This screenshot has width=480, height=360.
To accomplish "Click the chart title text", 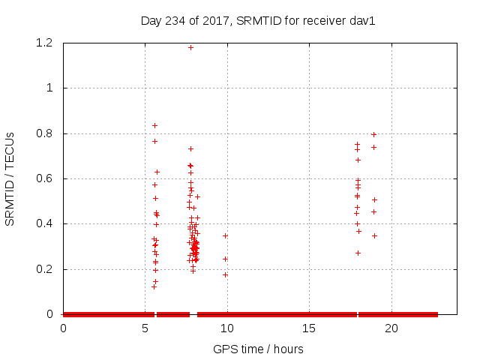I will [x=258, y=20].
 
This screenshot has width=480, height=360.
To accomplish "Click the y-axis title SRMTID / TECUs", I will [x=10, y=178].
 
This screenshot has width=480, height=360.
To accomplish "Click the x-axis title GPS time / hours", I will [x=258, y=349].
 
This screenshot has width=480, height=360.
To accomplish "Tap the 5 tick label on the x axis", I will [x=145, y=328].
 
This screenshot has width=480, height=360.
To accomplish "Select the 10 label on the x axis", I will [x=226, y=328].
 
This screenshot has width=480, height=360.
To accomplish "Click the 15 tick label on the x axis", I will [x=308, y=328].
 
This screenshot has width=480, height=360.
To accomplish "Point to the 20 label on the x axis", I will [x=390, y=328].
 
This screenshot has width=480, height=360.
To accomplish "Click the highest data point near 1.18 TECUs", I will [x=190, y=47].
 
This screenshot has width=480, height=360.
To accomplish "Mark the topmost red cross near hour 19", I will [x=373, y=134].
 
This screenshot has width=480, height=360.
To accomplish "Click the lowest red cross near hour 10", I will [x=225, y=274].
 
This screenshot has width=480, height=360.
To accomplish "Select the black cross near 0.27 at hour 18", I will [x=358, y=253].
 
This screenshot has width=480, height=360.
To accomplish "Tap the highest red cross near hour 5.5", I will [x=154, y=125].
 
